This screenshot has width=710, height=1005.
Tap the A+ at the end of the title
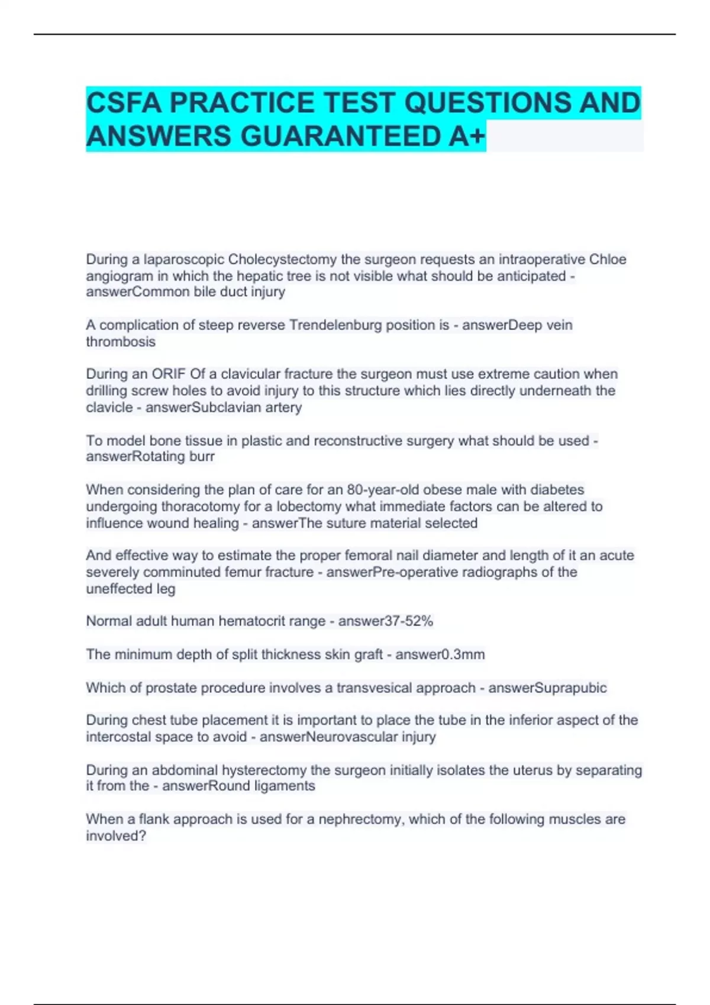(467, 137)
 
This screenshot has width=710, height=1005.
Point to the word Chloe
(608, 260)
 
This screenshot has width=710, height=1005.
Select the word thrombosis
(121, 342)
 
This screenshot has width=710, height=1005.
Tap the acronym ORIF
(169, 374)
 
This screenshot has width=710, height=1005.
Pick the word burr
(202, 456)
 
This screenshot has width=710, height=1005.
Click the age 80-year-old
(383, 489)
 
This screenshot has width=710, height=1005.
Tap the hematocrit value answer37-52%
(385, 621)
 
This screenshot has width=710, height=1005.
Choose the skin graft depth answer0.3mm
(440, 654)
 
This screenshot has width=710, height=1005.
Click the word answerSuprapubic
(547, 688)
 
